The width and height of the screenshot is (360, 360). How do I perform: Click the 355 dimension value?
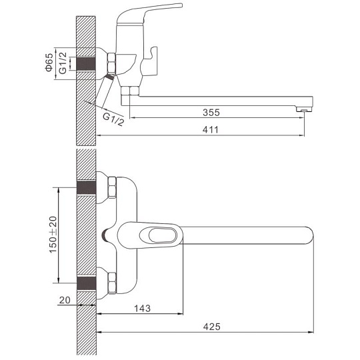[211, 113]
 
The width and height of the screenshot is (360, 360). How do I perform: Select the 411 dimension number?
[211, 130]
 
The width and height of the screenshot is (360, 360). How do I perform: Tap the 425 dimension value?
[212, 327]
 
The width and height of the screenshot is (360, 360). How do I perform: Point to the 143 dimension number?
[143, 309]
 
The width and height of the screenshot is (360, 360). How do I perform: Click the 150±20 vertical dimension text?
[53, 235]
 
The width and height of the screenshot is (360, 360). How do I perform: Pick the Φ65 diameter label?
[49, 62]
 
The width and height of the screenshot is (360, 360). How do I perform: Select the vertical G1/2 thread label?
[63, 63]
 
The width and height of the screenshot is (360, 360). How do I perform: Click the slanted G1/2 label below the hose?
[113, 119]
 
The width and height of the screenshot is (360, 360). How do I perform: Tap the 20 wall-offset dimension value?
[65, 300]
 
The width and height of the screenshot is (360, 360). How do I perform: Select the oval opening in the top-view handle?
[163, 235]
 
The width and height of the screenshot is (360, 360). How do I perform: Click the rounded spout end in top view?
[310, 235]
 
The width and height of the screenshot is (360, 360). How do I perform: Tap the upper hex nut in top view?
[112, 187]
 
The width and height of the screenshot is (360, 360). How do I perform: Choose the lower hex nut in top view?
[112, 283]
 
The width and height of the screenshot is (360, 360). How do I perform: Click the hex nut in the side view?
[111, 63]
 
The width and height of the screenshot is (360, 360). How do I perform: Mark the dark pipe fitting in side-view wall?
[86, 63]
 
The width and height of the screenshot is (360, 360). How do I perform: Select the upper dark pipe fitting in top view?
[86, 187]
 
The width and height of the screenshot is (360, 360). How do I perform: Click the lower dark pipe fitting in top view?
[86, 283]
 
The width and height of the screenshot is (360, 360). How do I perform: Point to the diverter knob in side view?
[149, 62]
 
